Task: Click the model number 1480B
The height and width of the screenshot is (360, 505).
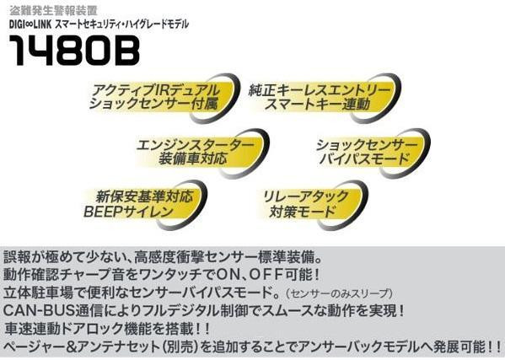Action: [x=75, y=50]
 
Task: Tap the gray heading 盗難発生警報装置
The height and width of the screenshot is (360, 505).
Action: [x=53, y=11]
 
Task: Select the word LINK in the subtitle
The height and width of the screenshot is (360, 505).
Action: [x=42, y=24]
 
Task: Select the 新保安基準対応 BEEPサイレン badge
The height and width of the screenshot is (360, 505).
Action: [x=144, y=205]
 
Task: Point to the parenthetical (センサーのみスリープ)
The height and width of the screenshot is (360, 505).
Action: [x=339, y=293]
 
